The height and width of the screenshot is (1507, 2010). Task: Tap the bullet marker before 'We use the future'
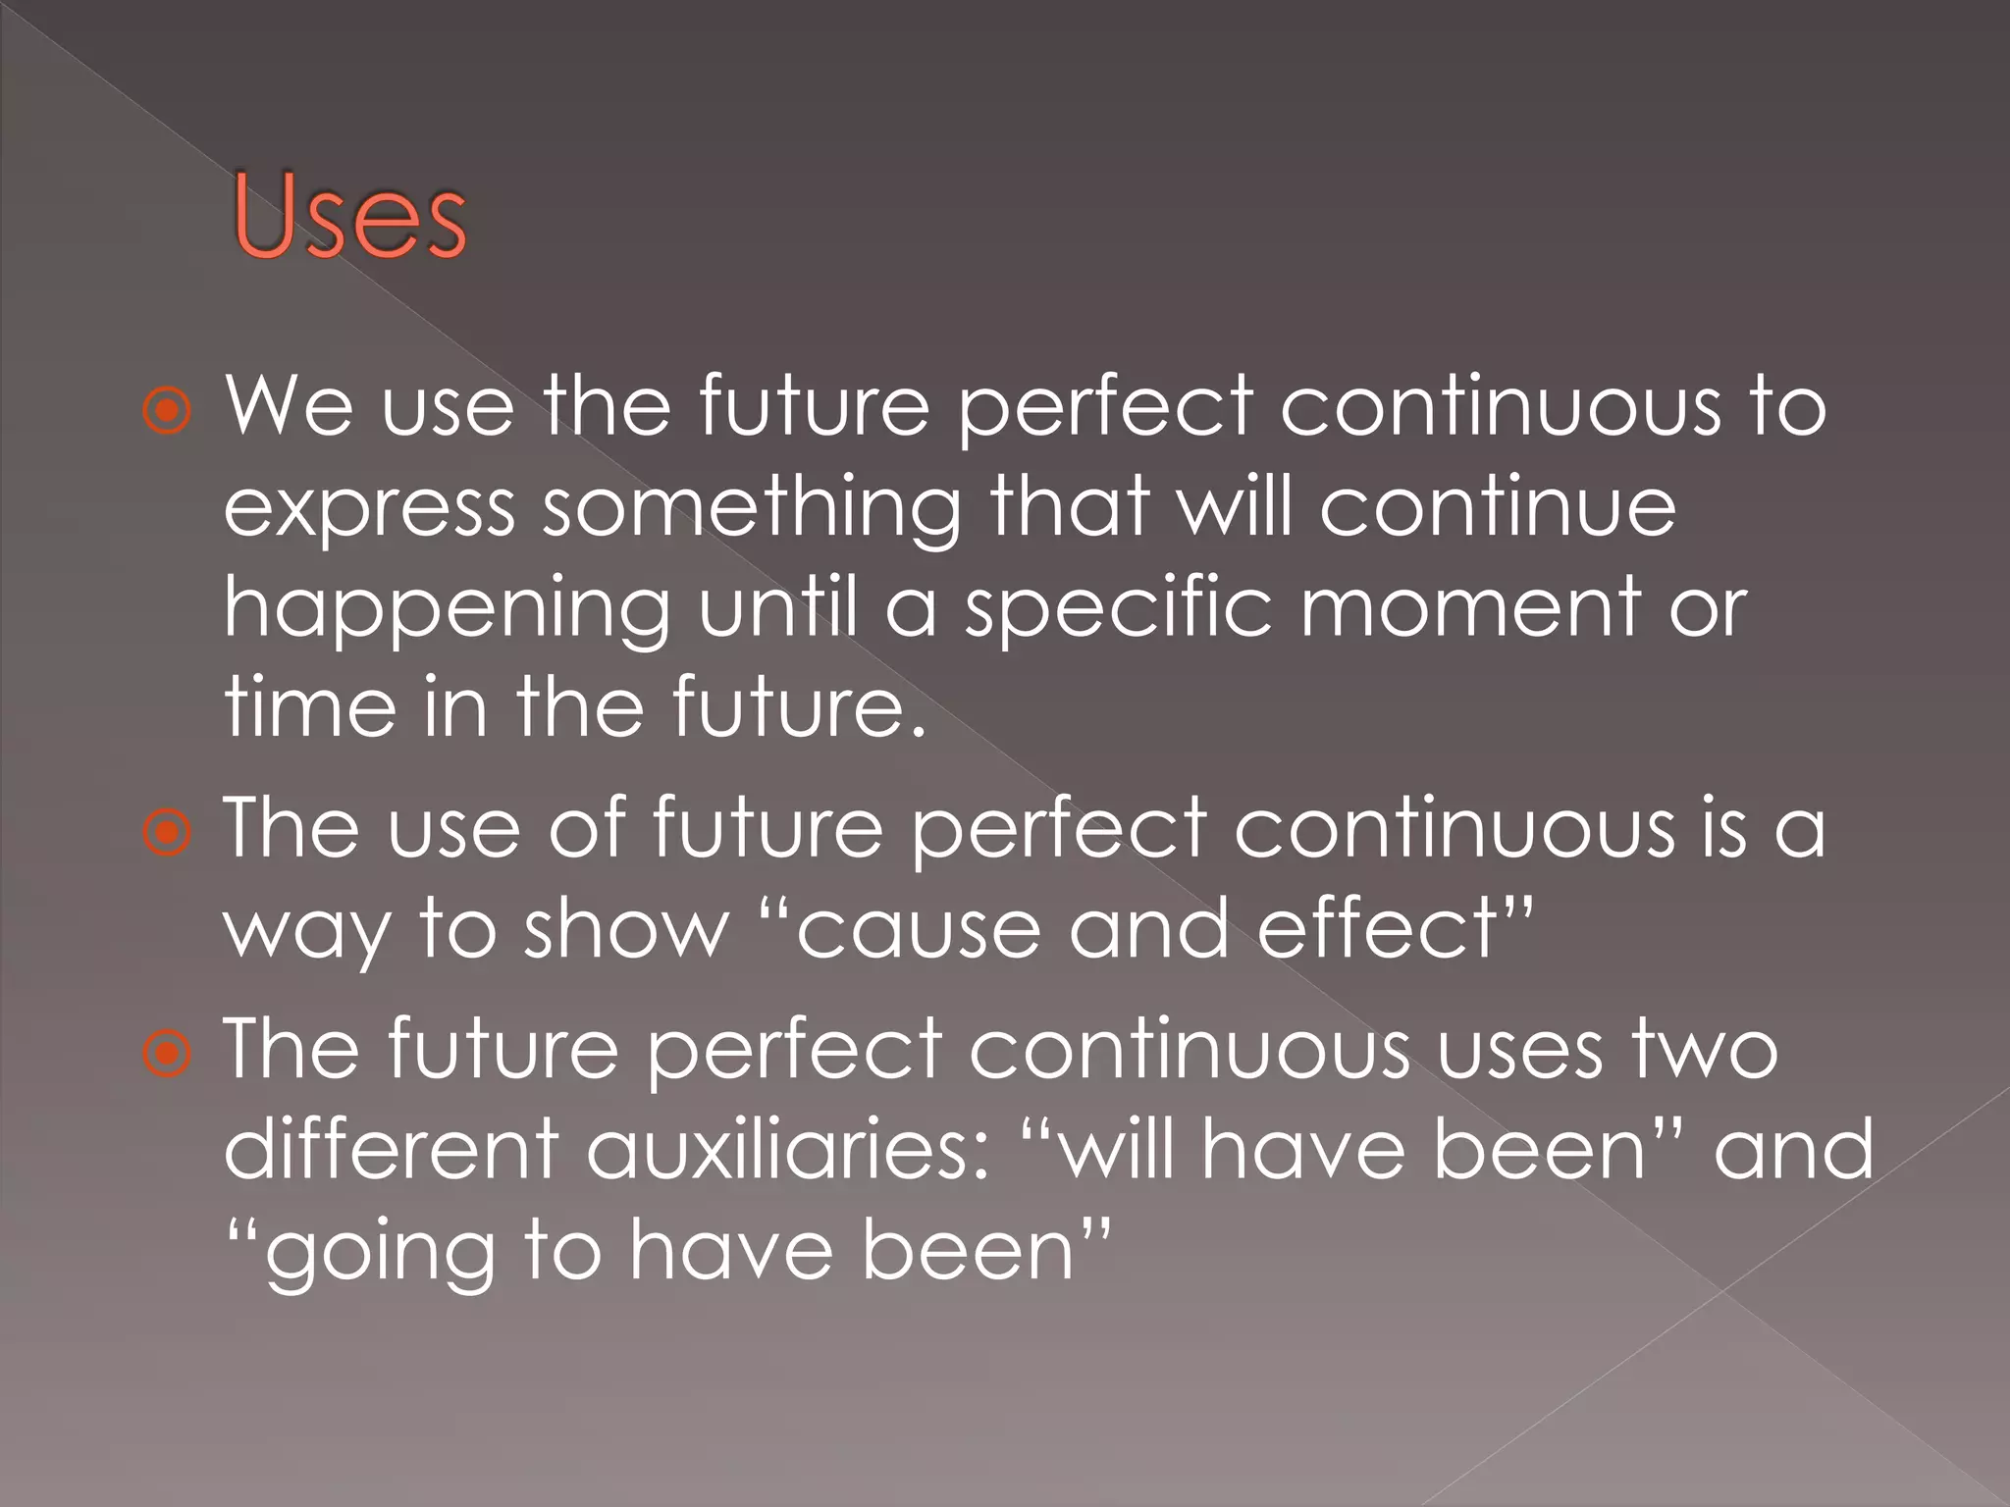[168, 411]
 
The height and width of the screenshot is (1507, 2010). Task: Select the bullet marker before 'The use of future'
[168, 833]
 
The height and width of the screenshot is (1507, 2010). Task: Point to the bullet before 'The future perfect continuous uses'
[168, 1054]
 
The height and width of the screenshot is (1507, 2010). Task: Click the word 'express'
[370, 510]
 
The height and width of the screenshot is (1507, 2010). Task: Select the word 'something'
[753, 510]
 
